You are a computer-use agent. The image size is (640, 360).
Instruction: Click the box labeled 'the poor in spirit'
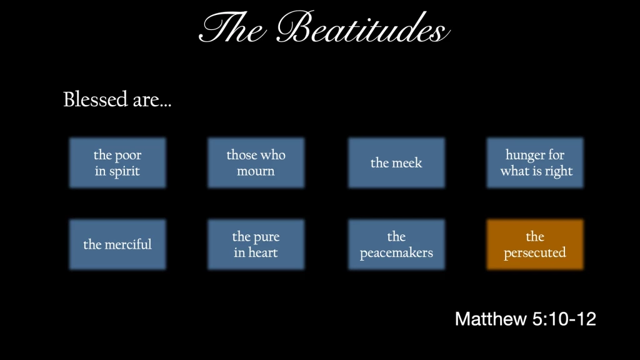pyautogui.click(x=117, y=163)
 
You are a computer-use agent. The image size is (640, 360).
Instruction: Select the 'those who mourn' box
pyautogui.click(x=256, y=163)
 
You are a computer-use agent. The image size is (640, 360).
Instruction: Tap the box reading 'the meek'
pyautogui.click(x=396, y=163)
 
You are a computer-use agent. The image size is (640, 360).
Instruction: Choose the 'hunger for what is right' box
pyautogui.click(x=535, y=163)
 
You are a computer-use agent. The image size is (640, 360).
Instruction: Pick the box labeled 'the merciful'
pyautogui.click(x=117, y=244)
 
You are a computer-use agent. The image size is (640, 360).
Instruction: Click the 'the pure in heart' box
pyautogui.click(x=256, y=244)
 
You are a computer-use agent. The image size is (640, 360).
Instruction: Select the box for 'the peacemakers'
pyautogui.click(x=396, y=244)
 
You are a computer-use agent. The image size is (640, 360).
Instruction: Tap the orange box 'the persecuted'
pyautogui.click(x=535, y=244)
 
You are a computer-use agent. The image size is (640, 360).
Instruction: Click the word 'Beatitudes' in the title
pyautogui.click(x=363, y=27)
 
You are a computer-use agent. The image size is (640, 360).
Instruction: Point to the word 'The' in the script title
pyautogui.click(x=232, y=27)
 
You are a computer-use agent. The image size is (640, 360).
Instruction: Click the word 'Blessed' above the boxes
pyautogui.click(x=96, y=99)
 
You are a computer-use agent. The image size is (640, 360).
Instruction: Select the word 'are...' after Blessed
pyautogui.click(x=152, y=101)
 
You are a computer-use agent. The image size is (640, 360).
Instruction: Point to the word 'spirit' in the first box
pyautogui.click(x=124, y=171)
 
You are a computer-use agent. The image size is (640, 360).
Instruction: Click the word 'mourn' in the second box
pyautogui.click(x=256, y=171)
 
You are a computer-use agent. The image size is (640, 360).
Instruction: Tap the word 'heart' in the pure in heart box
pyautogui.click(x=263, y=252)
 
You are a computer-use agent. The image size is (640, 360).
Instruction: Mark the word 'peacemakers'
pyautogui.click(x=396, y=253)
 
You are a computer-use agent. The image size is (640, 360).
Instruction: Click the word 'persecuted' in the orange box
pyautogui.click(x=535, y=253)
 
